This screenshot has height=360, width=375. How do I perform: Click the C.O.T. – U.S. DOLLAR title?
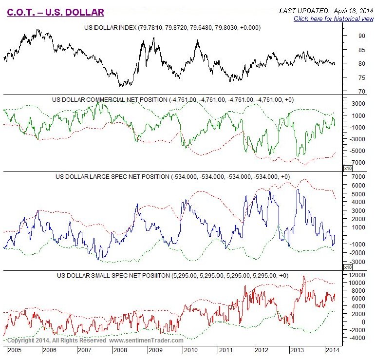(x=55, y=13)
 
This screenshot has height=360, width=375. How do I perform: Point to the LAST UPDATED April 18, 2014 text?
(x=326, y=10)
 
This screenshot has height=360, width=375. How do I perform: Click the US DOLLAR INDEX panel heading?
(x=173, y=28)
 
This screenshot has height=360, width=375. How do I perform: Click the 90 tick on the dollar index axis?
(x=362, y=36)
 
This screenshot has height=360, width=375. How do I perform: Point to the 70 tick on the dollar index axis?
(x=362, y=91)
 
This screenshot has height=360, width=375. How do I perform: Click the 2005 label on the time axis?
(x=14, y=350)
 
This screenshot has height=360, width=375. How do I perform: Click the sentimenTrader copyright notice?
(x=95, y=340)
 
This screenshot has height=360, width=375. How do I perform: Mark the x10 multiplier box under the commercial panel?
(x=348, y=168)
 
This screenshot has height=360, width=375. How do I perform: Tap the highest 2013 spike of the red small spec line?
(x=303, y=276)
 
